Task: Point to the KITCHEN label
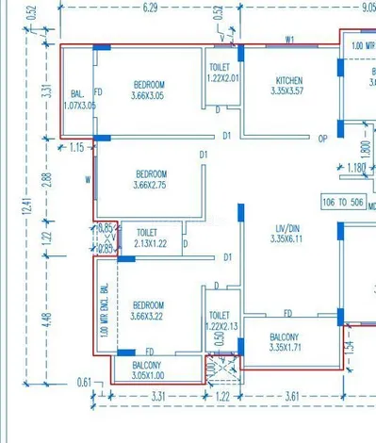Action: point(288,80)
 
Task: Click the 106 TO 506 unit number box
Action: point(342,202)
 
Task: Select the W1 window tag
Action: point(290,40)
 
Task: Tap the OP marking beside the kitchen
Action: point(322,139)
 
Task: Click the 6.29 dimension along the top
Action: point(150,8)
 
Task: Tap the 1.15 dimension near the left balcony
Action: point(76,147)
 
